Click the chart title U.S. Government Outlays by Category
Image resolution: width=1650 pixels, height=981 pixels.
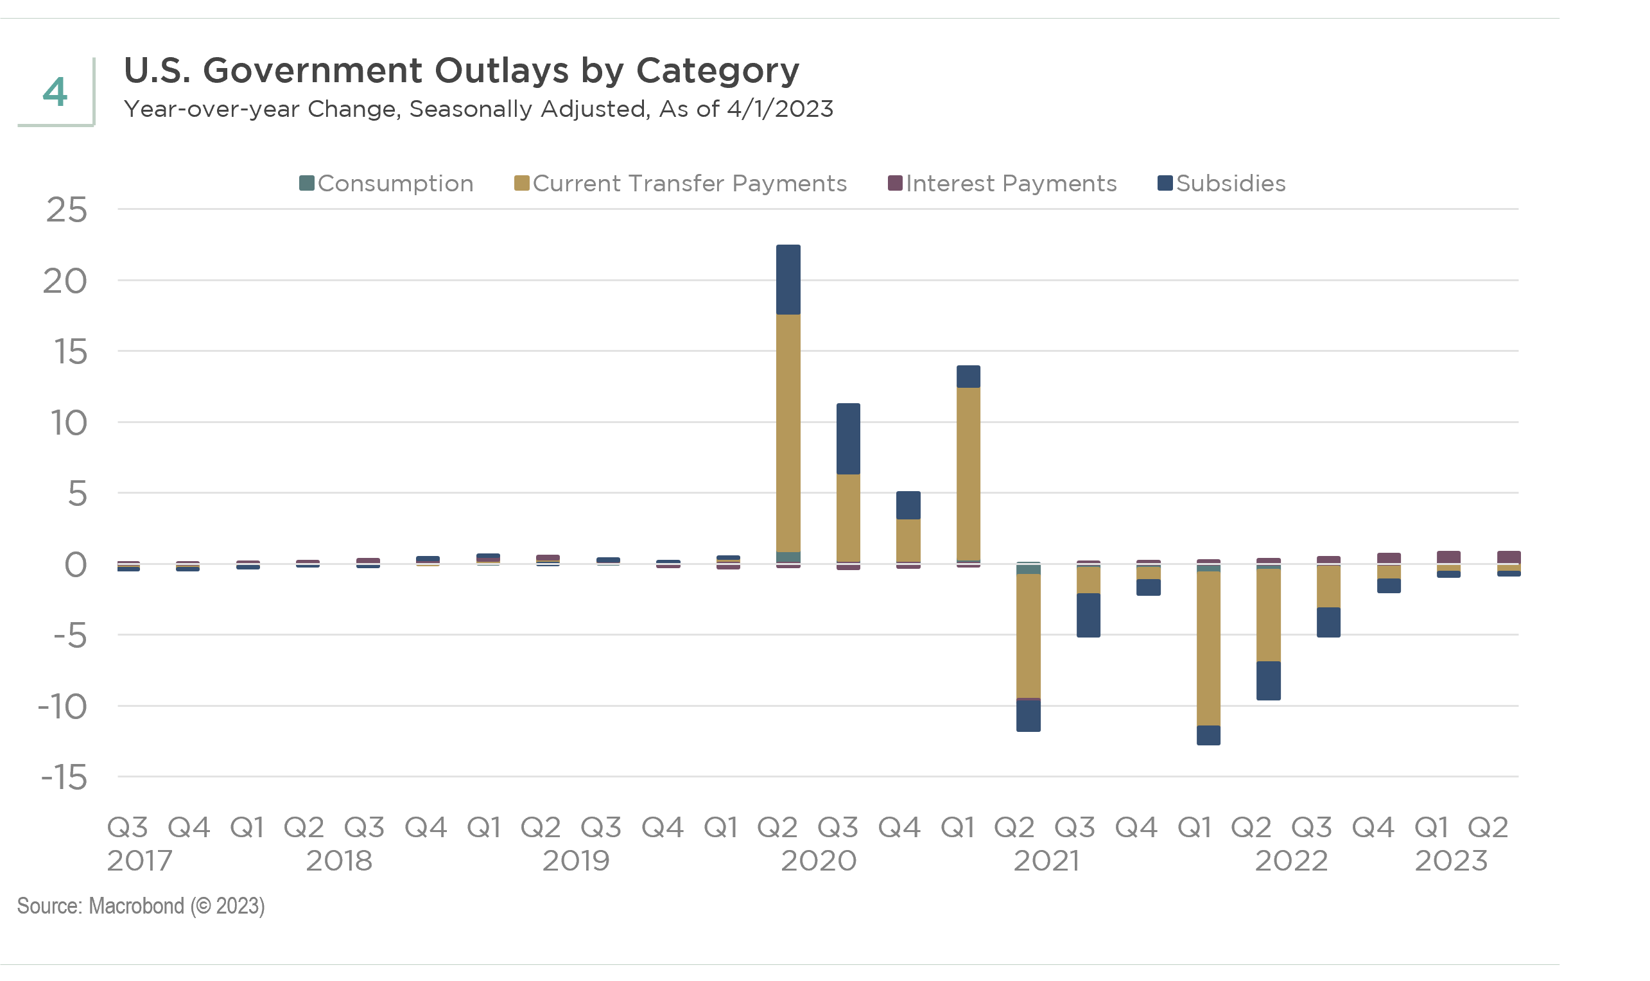tap(461, 70)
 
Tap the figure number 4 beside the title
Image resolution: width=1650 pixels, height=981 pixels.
tap(55, 92)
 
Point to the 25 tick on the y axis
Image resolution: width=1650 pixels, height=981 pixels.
tap(67, 210)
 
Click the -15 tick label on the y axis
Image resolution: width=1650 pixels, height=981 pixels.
tap(64, 777)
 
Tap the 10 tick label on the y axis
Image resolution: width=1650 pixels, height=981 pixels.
tap(69, 423)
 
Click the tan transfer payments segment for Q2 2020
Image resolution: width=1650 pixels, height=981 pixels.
tap(788, 433)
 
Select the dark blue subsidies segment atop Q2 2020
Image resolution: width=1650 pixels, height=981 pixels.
tap(788, 280)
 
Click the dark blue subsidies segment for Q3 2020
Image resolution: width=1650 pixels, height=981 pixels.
tap(848, 439)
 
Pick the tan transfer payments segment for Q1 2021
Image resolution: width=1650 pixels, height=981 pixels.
tap(968, 473)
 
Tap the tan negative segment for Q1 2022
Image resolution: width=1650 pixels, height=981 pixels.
tap(1208, 648)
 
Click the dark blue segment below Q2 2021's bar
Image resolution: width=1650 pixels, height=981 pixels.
tap(1028, 716)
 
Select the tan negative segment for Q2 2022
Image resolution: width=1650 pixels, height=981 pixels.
tap(1269, 615)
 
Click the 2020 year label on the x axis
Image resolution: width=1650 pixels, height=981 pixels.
tap(819, 862)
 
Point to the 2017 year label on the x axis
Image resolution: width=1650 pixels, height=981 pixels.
tap(139, 862)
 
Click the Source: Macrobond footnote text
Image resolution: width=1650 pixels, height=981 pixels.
tap(141, 906)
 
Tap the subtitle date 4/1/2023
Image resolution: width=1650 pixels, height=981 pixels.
tap(779, 109)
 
